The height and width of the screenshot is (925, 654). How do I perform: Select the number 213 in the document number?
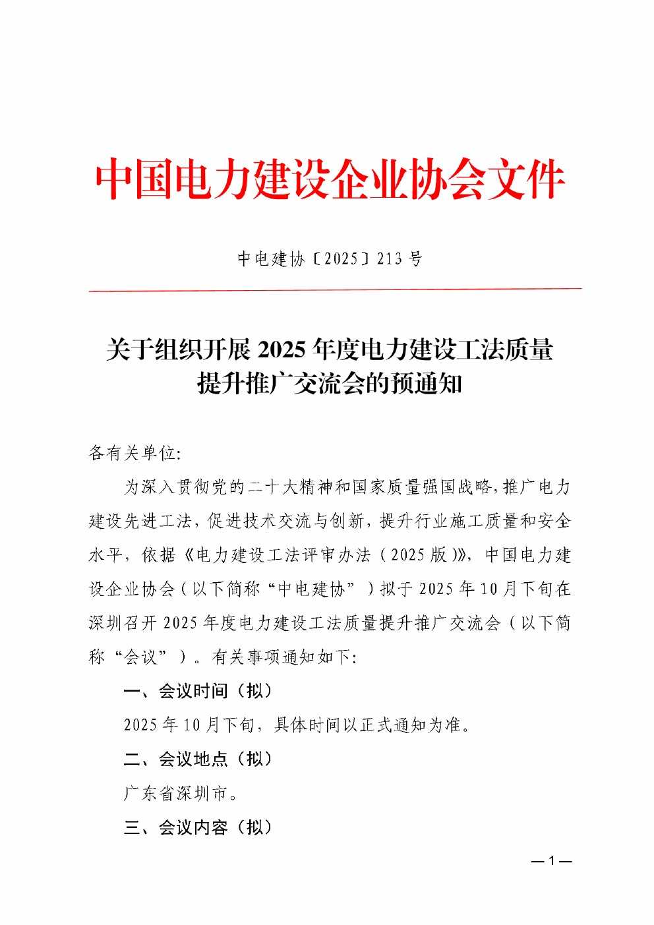389,258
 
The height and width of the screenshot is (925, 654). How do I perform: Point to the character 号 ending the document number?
415,258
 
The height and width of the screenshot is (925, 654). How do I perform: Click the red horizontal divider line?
335,289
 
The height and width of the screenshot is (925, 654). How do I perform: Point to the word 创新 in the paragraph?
347,521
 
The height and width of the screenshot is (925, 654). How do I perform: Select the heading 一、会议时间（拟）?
198,691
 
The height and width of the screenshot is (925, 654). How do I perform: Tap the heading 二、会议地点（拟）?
198,760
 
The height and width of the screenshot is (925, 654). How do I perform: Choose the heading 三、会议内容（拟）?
198,827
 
